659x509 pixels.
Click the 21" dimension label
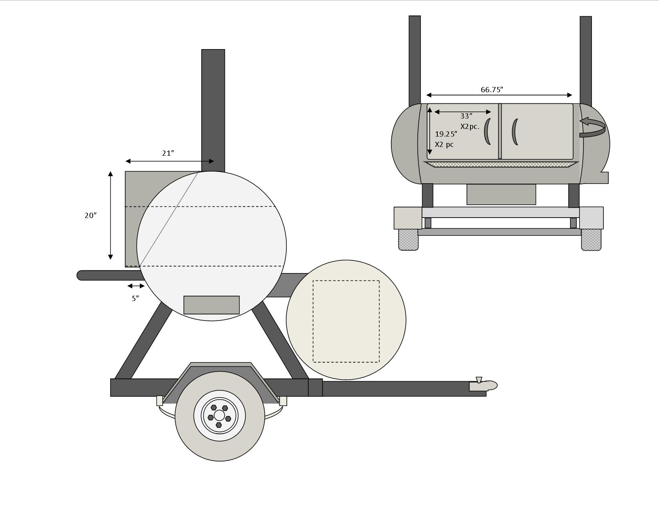pos(168,153)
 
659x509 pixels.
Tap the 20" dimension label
pos(90,215)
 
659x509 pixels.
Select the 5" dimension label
pos(135,298)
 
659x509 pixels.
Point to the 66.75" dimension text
pos(492,89)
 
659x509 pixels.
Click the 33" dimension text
pos(466,116)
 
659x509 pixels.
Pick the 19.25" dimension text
pos(446,134)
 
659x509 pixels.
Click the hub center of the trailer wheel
pos(219,415)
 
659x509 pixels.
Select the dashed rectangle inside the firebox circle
pos(346,321)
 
